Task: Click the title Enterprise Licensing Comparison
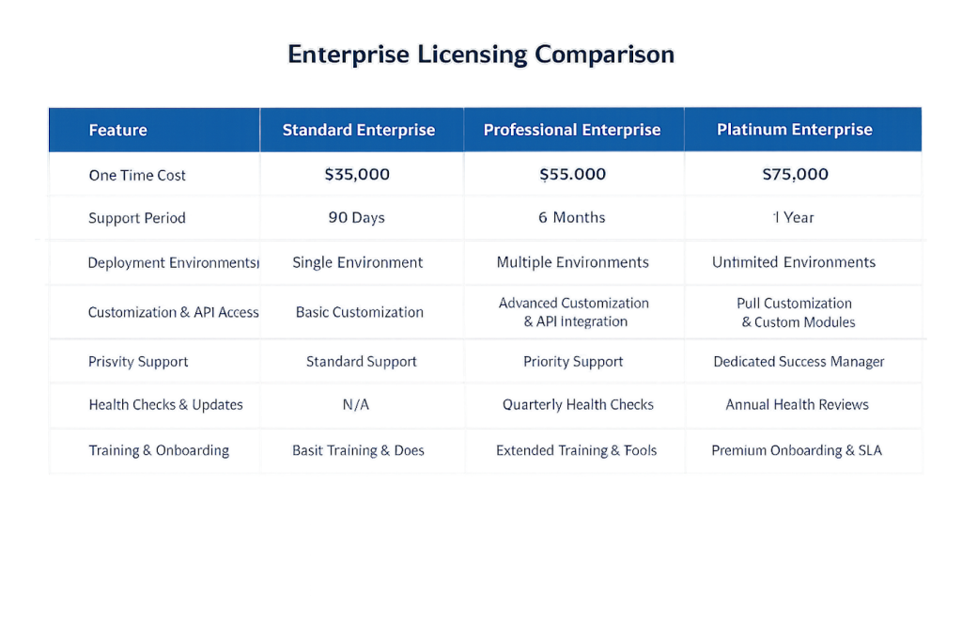[x=480, y=55]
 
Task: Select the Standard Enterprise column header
[x=359, y=130]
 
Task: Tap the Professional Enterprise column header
[x=572, y=130]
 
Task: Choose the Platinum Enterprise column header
[x=795, y=130]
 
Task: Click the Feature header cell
[x=117, y=130]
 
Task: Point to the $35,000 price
[x=357, y=174]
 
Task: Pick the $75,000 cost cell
[x=795, y=174]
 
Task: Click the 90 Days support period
[x=357, y=218]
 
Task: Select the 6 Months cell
[x=572, y=218]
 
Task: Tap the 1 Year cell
[x=794, y=218]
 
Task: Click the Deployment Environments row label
[x=171, y=263]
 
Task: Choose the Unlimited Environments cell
[x=794, y=262]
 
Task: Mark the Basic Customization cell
[x=360, y=312]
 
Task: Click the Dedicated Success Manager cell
[x=799, y=361]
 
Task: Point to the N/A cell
[x=357, y=405]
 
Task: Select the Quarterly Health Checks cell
[x=578, y=405]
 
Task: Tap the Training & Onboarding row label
[x=159, y=450]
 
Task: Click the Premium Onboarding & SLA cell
[x=797, y=450]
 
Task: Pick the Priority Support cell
[x=573, y=361]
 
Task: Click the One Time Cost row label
[x=137, y=175]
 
